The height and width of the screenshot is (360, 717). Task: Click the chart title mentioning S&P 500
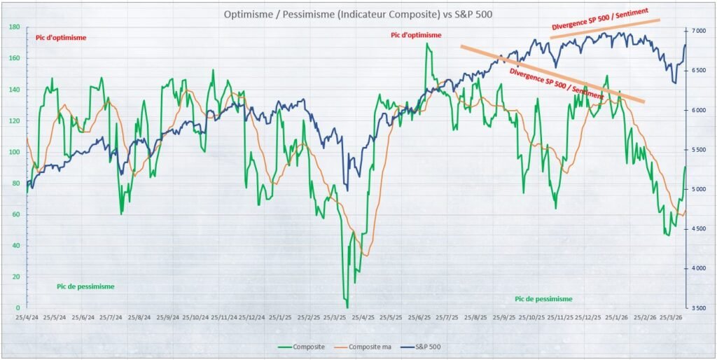(358, 14)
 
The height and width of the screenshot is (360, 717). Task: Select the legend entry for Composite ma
(363, 347)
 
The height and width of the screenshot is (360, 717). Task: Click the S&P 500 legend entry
(426, 347)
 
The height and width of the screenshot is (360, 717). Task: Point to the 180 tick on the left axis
(14, 27)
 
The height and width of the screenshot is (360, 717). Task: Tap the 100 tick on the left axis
(14, 152)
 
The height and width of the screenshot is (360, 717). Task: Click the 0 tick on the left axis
(18, 307)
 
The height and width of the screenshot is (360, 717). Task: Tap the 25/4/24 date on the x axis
(27, 317)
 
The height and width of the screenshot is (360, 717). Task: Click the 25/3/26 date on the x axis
(671, 317)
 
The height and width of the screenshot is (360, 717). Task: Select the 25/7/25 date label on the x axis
(447, 317)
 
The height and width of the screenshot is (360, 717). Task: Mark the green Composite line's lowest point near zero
(347, 306)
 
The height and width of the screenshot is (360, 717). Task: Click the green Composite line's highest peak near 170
(426, 44)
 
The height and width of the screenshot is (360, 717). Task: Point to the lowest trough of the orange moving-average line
(366, 256)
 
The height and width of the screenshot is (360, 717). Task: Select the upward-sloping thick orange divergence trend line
(605, 28)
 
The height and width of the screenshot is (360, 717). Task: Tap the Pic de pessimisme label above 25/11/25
(543, 298)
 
